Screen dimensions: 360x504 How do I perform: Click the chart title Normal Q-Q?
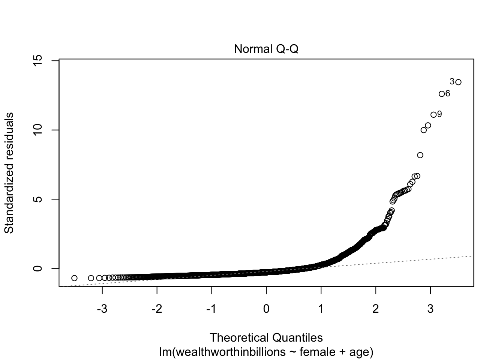click(x=266, y=49)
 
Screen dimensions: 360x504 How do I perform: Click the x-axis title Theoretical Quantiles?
click(x=266, y=337)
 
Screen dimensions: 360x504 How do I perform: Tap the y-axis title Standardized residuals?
click(x=9, y=173)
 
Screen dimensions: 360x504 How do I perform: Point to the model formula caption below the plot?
click(x=266, y=352)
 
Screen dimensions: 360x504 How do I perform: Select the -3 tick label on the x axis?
click(x=102, y=309)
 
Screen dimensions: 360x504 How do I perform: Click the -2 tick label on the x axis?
click(x=157, y=309)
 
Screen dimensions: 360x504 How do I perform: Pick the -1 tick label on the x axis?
click(x=211, y=309)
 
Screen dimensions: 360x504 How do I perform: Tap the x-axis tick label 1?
click(x=321, y=309)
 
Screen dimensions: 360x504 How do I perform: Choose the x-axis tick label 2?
click(x=376, y=309)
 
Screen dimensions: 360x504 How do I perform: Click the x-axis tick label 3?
click(x=430, y=309)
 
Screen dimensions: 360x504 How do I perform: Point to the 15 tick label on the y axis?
click(x=38, y=60)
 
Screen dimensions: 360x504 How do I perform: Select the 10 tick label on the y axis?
click(x=38, y=130)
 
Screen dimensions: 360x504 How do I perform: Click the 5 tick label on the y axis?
click(x=38, y=199)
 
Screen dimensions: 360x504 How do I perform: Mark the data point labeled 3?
click(x=458, y=82)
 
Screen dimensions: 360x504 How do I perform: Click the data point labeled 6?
click(x=442, y=94)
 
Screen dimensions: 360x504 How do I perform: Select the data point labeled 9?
click(x=433, y=115)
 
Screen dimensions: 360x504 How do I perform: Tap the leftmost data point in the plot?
click(x=74, y=278)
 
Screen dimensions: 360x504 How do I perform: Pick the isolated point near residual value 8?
click(x=420, y=155)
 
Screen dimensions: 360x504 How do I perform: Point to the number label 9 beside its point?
click(x=439, y=114)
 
